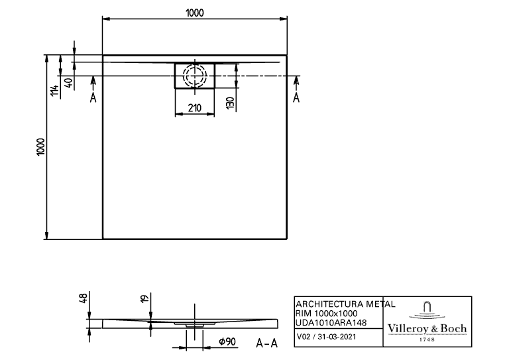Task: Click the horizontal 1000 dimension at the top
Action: pos(195,13)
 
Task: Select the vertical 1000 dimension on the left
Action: pos(40,147)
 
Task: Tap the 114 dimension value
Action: pos(54,90)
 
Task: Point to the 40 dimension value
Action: pos(69,84)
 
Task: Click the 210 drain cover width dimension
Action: pos(195,107)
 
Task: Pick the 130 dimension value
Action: pos(230,103)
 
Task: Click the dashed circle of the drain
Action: pos(195,76)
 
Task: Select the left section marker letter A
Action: pos(93,97)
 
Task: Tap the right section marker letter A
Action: pos(296,97)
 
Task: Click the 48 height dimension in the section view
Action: pos(84,298)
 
